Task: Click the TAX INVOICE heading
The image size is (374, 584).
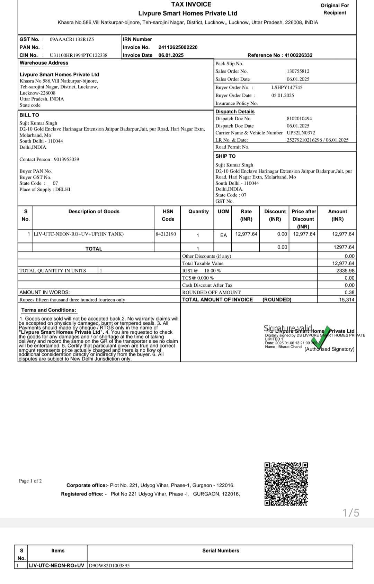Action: click(191, 4)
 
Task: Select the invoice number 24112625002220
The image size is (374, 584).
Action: click(178, 47)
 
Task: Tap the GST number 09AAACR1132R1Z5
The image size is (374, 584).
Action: click(72, 39)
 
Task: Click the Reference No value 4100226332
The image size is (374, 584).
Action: click(298, 55)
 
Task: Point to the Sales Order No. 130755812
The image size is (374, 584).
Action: click(298, 71)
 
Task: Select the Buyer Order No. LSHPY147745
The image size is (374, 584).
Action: click(287, 87)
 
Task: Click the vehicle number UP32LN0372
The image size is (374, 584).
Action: click(301, 133)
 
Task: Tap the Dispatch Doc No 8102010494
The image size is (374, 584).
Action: click(299, 119)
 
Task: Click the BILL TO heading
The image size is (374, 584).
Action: click(29, 115)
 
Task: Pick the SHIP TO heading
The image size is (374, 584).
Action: click(225, 156)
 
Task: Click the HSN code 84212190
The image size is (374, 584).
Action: click(166, 234)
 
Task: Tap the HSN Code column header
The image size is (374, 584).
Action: click(168, 215)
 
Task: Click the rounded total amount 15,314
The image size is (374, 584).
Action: click(347, 300)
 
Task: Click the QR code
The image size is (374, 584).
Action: click(286, 484)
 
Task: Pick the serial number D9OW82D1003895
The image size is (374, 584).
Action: click(109, 566)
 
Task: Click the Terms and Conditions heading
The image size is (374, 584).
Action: click(48, 310)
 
